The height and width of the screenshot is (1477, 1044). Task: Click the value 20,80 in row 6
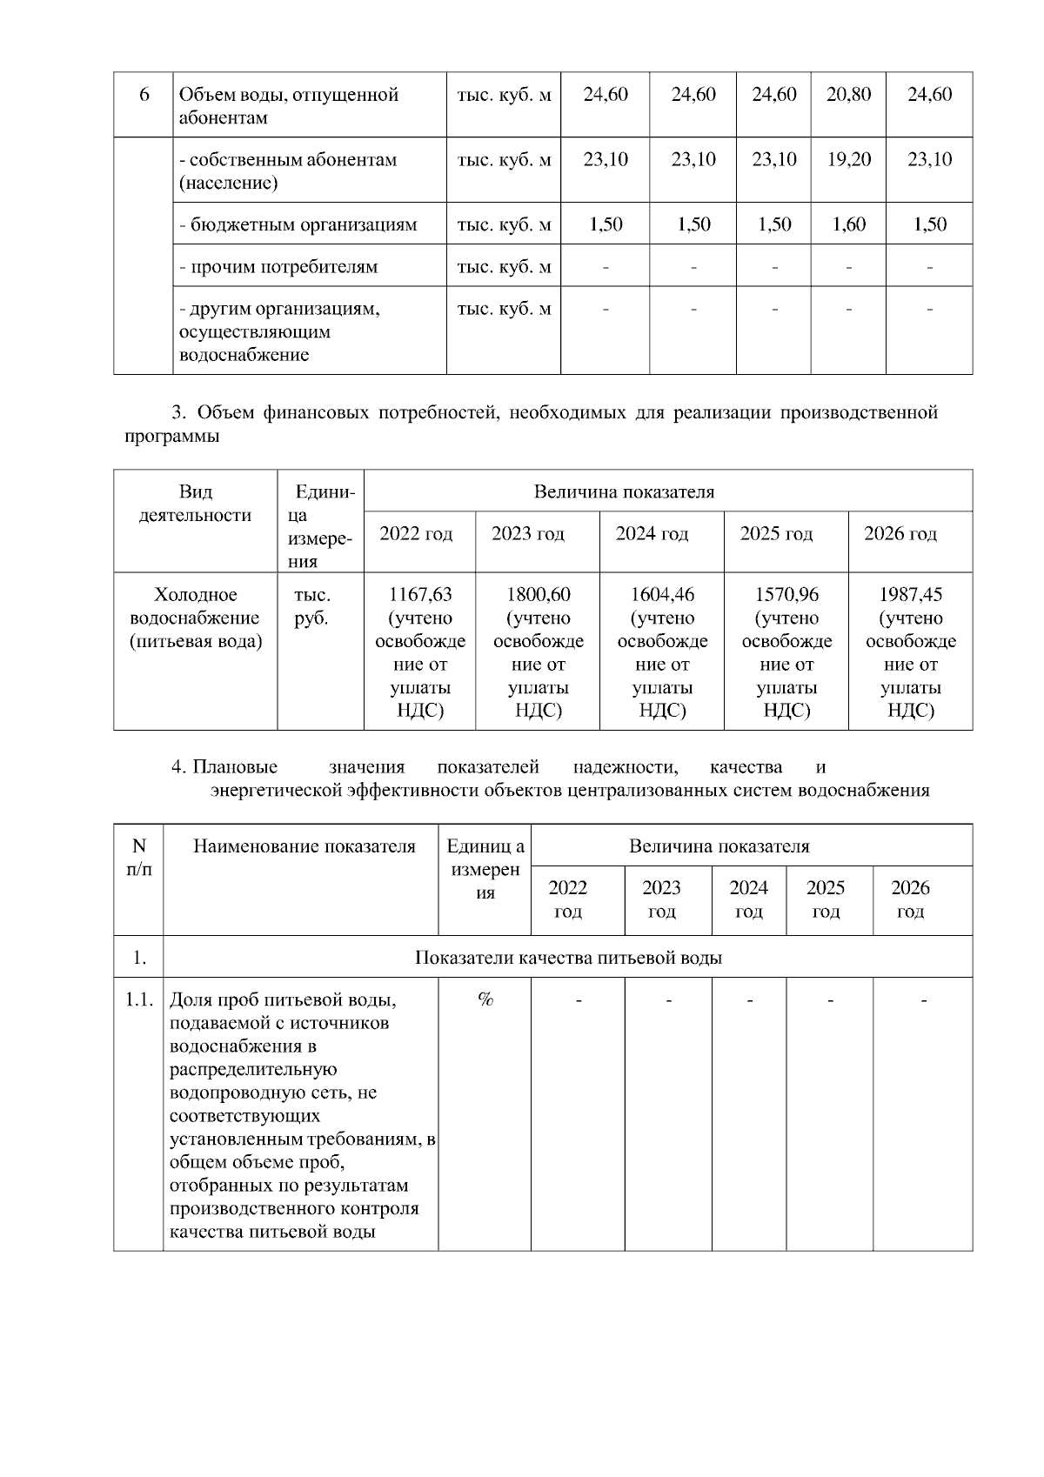click(848, 95)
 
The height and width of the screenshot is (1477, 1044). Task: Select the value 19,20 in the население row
click(848, 160)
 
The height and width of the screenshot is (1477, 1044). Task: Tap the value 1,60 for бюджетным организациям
click(848, 225)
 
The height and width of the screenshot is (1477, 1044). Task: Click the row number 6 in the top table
click(144, 95)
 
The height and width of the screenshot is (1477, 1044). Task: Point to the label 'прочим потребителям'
click(278, 267)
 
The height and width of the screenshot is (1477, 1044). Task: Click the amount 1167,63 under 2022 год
click(420, 595)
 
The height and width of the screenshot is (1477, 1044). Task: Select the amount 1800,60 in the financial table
click(539, 595)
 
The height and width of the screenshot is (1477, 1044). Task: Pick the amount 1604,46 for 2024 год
click(662, 595)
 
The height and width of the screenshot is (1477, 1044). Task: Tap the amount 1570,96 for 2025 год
click(786, 595)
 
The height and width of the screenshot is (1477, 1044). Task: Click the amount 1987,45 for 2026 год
click(911, 595)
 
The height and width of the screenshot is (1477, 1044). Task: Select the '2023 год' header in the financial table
click(528, 534)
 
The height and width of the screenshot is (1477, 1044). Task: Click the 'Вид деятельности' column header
click(196, 504)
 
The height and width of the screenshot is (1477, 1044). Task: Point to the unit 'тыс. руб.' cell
click(311, 606)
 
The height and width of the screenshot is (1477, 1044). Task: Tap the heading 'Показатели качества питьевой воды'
click(568, 958)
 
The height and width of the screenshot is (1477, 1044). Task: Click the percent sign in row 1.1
click(485, 999)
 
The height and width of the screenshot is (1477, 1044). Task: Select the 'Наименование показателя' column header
click(304, 846)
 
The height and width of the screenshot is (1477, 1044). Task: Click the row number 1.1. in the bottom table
click(139, 999)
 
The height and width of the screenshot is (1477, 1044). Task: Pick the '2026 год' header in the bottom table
click(910, 899)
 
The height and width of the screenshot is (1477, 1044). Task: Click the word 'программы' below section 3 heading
click(171, 437)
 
